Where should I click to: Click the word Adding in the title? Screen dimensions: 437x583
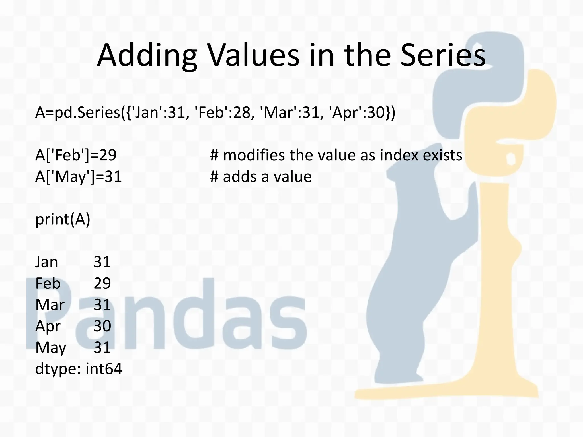(x=147, y=55)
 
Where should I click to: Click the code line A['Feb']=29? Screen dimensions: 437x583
(x=76, y=155)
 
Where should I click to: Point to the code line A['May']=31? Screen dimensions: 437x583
(x=79, y=177)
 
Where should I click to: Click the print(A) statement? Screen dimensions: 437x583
(x=63, y=219)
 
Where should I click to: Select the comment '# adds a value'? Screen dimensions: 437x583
(x=261, y=177)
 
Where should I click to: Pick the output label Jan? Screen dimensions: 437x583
(x=46, y=262)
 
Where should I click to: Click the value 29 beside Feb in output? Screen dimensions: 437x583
(x=102, y=283)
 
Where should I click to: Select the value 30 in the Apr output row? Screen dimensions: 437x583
(x=102, y=326)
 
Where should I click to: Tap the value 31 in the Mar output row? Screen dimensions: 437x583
(x=102, y=305)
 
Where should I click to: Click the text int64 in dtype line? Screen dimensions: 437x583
(x=104, y=369)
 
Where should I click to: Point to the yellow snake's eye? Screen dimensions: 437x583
(x=511, y=159)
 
